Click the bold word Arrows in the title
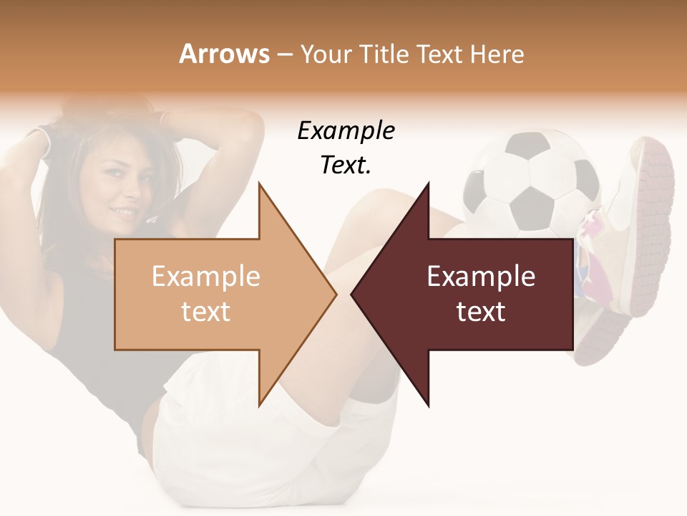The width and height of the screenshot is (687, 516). (x=225, y=54)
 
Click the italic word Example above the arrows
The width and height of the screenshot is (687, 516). (x=346, y=131)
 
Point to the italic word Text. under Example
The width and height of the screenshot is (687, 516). (x=346, y=166)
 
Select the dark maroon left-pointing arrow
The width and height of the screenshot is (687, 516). (x=472, y=294)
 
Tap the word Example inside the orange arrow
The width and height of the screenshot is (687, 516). (x=206, y=277)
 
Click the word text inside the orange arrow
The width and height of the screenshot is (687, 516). (x=206, y=312)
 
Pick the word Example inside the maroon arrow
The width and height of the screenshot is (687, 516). (x=481, y=277)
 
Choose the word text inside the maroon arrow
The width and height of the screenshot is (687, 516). (x=481, y=312)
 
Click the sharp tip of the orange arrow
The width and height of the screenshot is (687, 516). (x=335, y=294)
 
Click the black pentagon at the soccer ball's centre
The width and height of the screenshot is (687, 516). (x=534, y=200)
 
